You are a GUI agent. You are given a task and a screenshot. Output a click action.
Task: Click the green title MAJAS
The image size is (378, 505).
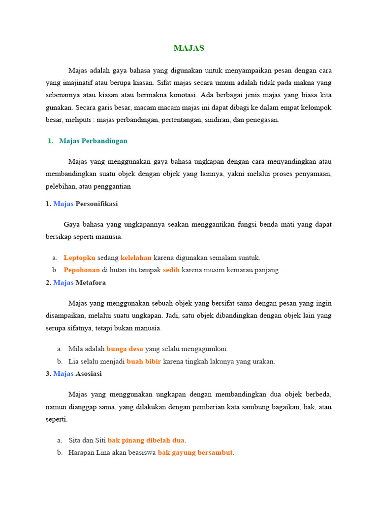pyautogui.click(x=189, y=48)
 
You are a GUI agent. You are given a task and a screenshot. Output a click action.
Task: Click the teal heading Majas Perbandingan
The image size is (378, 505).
pyautogui.click(x=93, y=141)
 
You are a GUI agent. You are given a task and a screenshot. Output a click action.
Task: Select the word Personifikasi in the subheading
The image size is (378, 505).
pyautogui.click(x=96, y=204)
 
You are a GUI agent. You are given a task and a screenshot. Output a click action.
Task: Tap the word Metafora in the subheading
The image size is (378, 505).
pyautogui.click(x=91, y=283)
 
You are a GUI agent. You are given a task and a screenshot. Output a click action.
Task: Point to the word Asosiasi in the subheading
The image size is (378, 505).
pyautogui.click(x=89, y=374)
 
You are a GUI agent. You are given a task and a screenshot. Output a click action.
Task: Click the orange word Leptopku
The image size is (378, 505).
pyautogui.click(x=79, y=257)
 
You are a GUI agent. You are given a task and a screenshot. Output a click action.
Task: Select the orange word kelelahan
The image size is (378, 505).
pyautogui.click(x=136, y=257)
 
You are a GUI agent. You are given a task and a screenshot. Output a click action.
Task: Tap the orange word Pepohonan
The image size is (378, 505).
pyautogui.click(x=82, y=270)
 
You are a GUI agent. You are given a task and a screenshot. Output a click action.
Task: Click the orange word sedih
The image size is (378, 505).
pyautogui.click(x=171, y=270)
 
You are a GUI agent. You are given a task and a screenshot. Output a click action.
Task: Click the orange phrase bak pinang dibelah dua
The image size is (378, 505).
pyautogui.click(x=147, y=440)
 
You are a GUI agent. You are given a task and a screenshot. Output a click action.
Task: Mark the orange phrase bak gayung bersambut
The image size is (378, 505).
pyautogui.click(x=195, y=453)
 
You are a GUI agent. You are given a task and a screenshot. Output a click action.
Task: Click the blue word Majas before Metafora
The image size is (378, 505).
pyautogui.click(x=63, y=283)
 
